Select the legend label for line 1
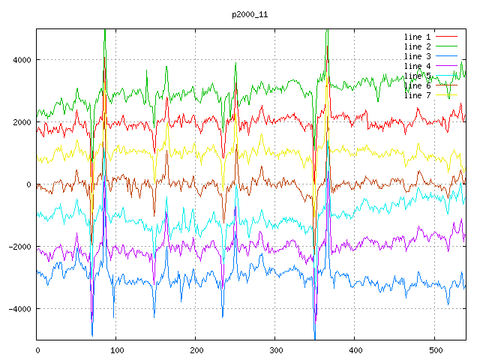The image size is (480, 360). (x=418, y=37)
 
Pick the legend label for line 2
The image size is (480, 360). (x=418, y=46)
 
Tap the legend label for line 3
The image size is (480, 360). (x=418, y=56)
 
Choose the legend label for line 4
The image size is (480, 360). (x=418, y=66)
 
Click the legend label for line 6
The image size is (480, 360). (x=418, y=85)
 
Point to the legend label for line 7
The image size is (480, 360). (x=418, y=95)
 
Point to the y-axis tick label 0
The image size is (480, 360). (x=28, y=184)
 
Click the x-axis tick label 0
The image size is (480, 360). (x=37, y=349)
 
